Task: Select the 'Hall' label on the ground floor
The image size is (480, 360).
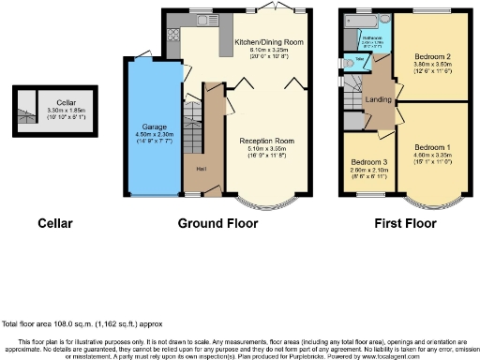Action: pyautogui.click(x=200, y=169)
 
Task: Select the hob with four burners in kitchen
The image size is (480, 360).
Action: pyautogui.click(x=172, y=37)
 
